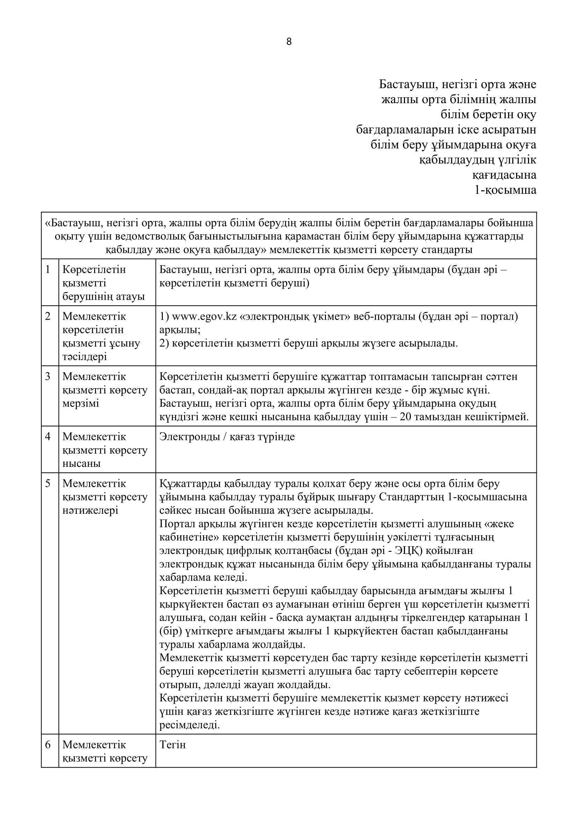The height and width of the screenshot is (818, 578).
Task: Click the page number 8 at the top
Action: [x=289, y=42]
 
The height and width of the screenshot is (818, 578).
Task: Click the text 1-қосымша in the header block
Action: [x=505, y=190]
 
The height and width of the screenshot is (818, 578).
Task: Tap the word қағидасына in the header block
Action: [x=504, y=175]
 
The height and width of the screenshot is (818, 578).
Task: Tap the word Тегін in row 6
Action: [x=173, y=745]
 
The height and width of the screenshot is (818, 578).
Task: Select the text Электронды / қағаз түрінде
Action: [x=227, y=437]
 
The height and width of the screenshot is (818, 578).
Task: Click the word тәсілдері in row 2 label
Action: [x=85, y=357]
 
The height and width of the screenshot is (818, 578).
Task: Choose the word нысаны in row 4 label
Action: [x=81, y=463]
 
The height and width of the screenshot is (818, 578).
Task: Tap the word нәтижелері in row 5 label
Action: [x=91, y=511]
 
